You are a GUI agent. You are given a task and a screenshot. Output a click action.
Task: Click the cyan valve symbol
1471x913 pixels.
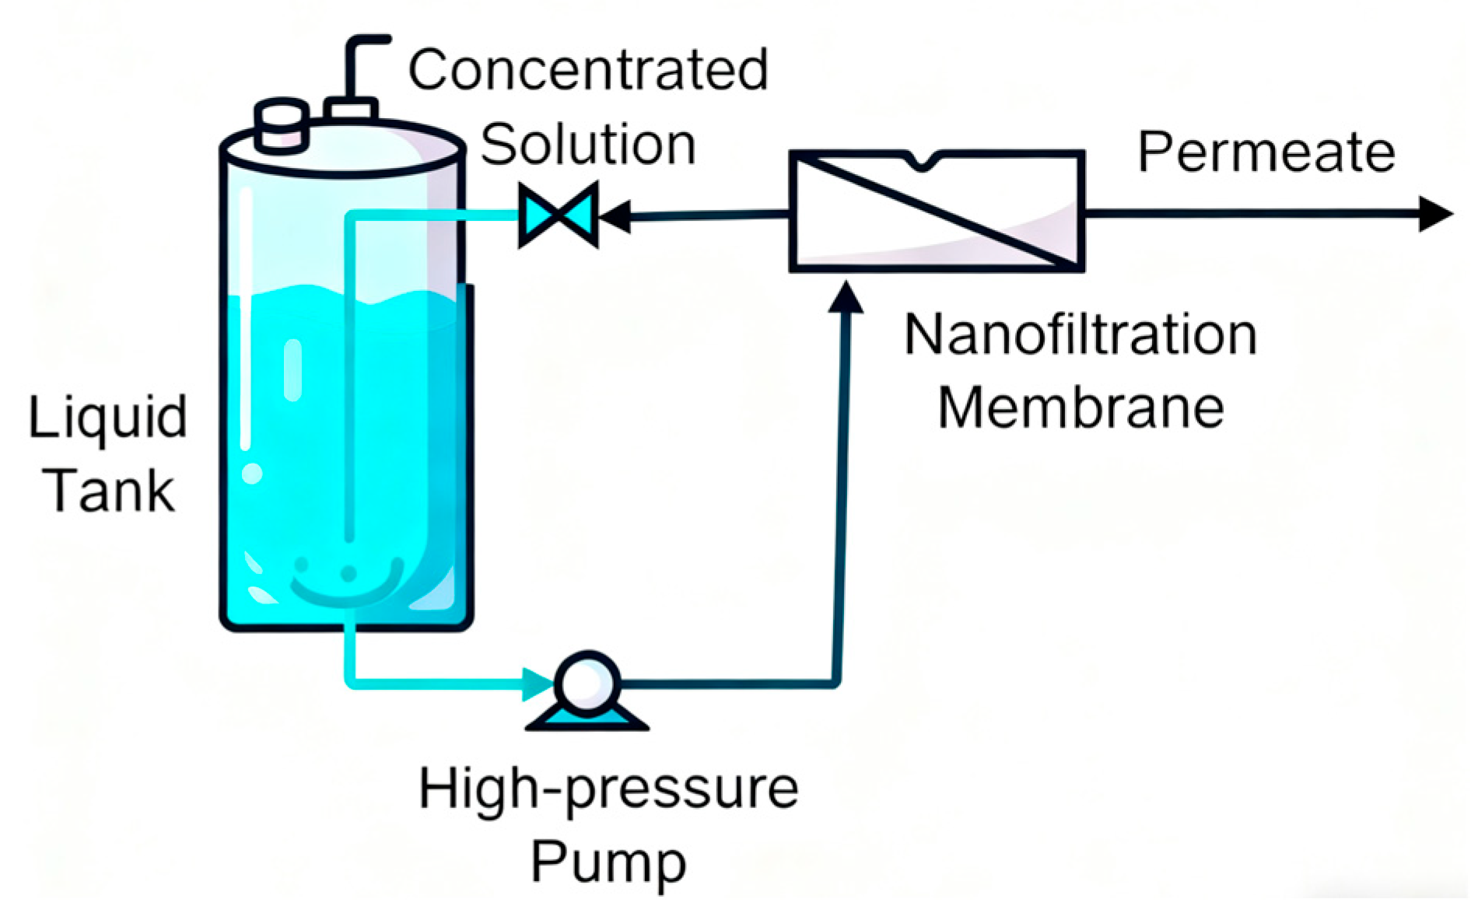[x=559, y=215]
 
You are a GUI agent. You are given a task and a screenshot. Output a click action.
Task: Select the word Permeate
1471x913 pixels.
[x=1266, y=152]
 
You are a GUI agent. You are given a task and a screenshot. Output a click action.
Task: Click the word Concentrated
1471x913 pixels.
[x=588, y=70]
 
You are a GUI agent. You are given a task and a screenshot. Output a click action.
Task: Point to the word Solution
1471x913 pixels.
[x=588, y=145]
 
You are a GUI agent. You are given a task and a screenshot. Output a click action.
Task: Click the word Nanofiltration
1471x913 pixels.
[x=1080, y=335]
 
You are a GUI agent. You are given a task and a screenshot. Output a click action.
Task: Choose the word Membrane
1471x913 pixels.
[x=1080, y=408]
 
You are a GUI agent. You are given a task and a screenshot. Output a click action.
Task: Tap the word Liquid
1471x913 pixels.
[x=108, y=418]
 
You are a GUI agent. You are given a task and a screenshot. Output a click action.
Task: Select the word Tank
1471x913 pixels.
[x=111, y=491]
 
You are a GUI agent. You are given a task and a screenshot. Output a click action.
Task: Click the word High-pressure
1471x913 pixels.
[x=608, y=790]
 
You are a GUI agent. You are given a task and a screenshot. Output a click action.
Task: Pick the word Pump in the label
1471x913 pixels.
[x=608, y=862]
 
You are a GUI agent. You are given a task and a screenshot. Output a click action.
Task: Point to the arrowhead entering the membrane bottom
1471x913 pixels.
[x=846, y=299]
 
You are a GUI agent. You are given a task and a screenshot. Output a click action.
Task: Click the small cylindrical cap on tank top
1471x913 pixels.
[x=282, y=124]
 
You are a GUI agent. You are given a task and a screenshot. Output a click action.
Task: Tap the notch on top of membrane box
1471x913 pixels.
[x=923, y=162]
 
